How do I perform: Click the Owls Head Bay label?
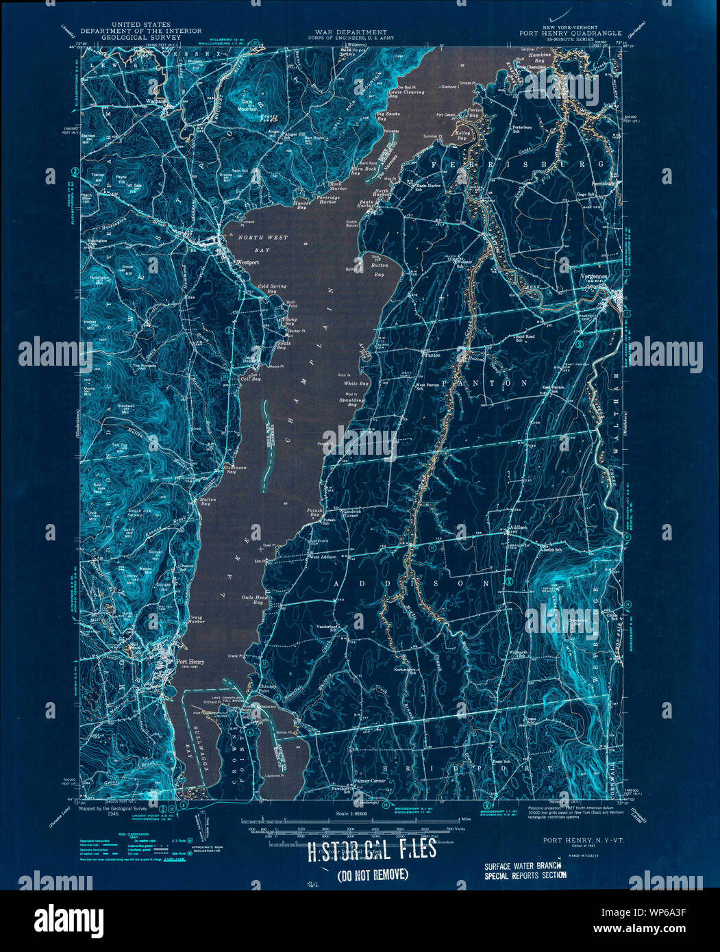pos(253,599)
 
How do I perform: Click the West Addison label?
pos(324,557)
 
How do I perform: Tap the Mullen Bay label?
pos(208,501)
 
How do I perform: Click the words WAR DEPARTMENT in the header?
pos(351,32)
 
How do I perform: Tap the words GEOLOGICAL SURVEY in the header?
pos(140,38)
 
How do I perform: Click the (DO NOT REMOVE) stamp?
pos(373,874)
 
